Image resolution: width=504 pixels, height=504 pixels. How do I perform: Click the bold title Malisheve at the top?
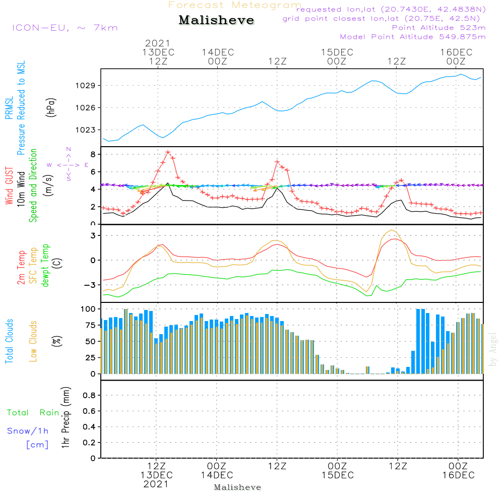[x=216, y=20]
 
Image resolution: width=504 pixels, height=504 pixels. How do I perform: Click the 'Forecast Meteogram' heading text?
[x=235, y=5]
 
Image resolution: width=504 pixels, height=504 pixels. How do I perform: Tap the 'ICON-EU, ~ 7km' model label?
[x=65, y=28]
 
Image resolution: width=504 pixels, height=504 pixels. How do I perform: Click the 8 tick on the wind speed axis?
[x=93, y=154]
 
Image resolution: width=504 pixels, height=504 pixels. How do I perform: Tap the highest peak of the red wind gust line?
[x=168, y=152]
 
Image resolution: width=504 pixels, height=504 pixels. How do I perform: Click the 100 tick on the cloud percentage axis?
[x=89, y=308]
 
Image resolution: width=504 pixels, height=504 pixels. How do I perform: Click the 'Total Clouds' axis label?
[x=9, y=341]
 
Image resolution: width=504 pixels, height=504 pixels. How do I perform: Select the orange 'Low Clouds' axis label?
[x=33, y=341]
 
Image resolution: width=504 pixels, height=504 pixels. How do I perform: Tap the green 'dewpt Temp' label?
[x=45, y=266]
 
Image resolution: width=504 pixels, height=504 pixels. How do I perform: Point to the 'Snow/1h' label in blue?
[x=28, y=431]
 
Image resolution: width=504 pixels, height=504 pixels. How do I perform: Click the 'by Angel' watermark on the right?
[x=492, y=350]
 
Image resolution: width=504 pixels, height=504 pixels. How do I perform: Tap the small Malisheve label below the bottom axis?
[x=237, y=487]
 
